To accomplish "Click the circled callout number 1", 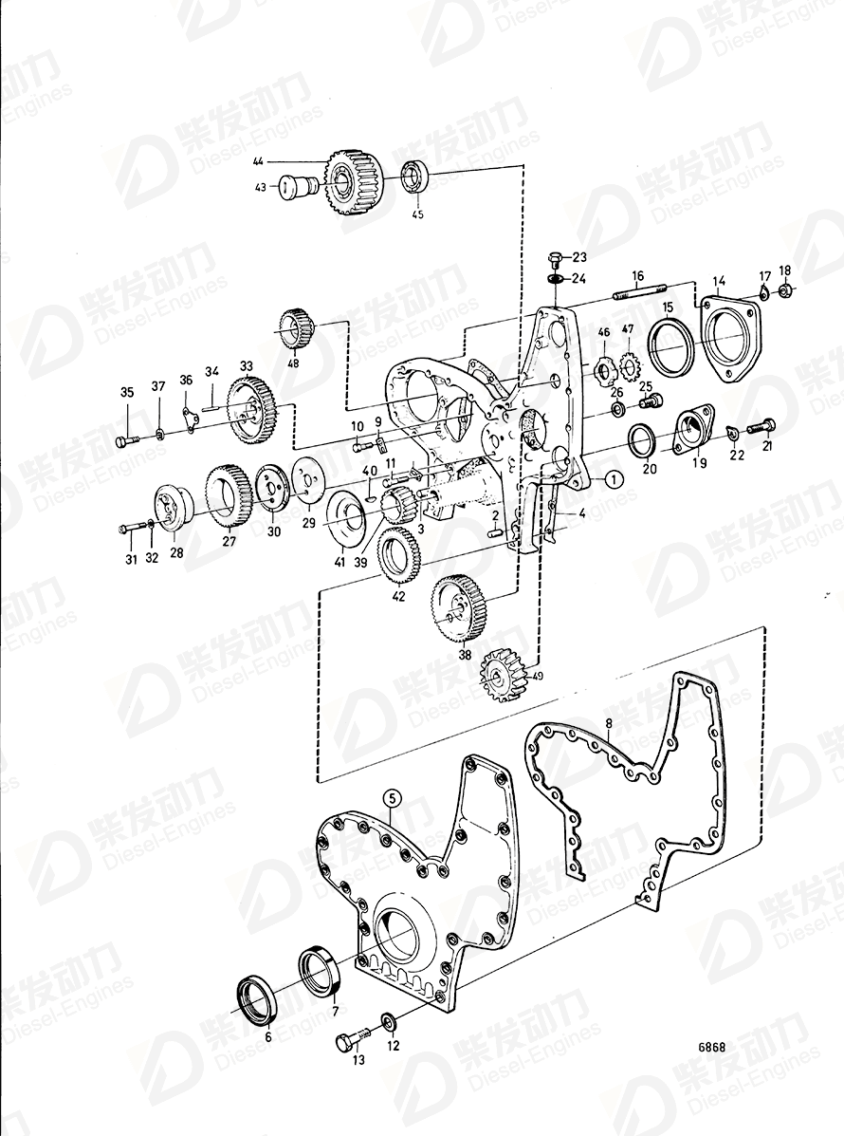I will [x=613, y=479].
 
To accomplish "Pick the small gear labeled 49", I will [x=500, y=676].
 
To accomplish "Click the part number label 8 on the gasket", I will [x=610, y=724].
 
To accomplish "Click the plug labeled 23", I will [x=556, y=256].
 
